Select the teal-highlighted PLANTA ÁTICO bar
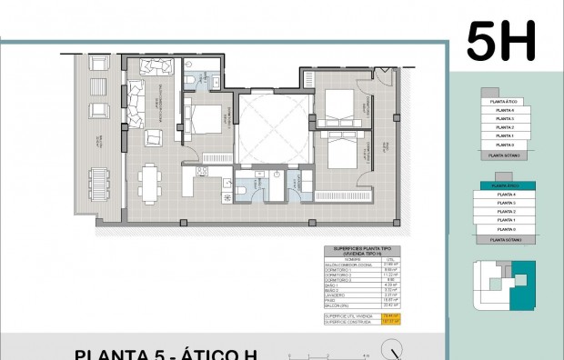pyautogui.click(x=502, y=185)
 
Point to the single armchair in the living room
pyautogui.click(x=154, y=137)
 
